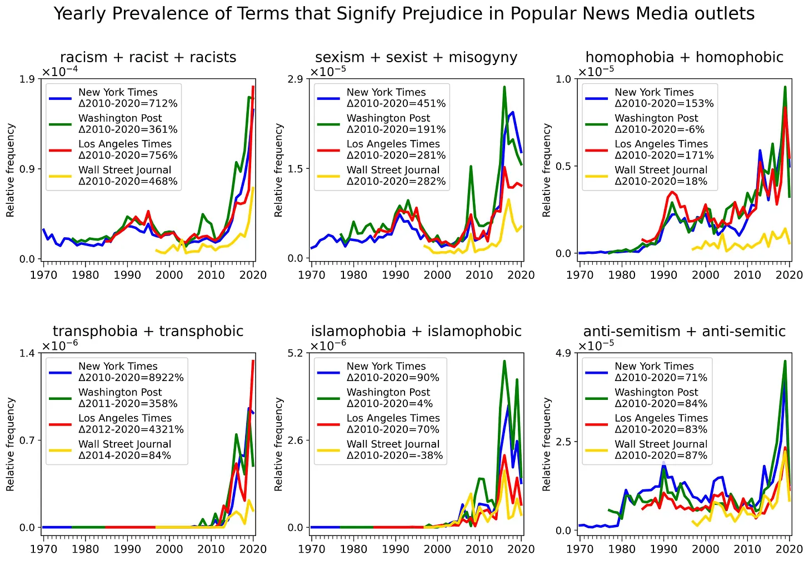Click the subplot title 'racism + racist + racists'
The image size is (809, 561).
pos(148,57)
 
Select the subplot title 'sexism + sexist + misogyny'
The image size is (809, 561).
pos(416,57)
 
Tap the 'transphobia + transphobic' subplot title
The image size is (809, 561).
pos(148,331)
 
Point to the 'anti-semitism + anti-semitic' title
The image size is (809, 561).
pos(684,331)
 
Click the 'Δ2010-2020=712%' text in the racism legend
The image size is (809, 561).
pos(128,103)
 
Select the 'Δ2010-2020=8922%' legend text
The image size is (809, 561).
pos(131,378)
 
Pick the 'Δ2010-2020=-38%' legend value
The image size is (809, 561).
pos(394,455)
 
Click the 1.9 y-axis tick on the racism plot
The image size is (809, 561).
pos(27,79)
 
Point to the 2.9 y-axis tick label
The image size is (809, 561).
pos(295,79)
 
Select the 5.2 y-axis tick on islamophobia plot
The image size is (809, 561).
pos(295,353)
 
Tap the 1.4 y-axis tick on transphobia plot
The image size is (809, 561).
pos(27,353)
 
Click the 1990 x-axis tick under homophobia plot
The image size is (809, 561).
pos(663,275)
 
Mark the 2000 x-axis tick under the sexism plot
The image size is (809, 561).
pos(437,275)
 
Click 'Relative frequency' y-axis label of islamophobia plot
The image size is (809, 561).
pos(278,444)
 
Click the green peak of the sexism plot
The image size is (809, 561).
pos(505,87)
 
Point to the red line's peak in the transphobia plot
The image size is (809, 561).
pos(253,361)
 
